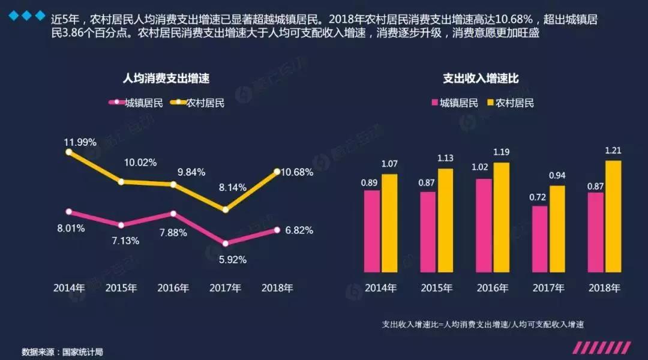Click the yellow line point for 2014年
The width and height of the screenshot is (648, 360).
(x=69, y=152)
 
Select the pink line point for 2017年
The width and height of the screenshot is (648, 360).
(x=225, y=244)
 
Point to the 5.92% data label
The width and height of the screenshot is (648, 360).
(x=232, y=260)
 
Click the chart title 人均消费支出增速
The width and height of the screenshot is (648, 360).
(x=166, y=78)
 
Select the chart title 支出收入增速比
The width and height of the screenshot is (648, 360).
(x=481, y=78)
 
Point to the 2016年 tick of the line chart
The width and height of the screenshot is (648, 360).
(x=173, y=287)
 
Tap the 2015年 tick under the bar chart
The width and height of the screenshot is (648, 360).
(x=437, y=287)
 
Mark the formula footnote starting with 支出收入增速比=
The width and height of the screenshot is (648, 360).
(x=483, y=324)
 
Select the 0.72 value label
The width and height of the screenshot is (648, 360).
(x=539, y=196)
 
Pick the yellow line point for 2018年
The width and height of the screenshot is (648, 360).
(x=277, y=172)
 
